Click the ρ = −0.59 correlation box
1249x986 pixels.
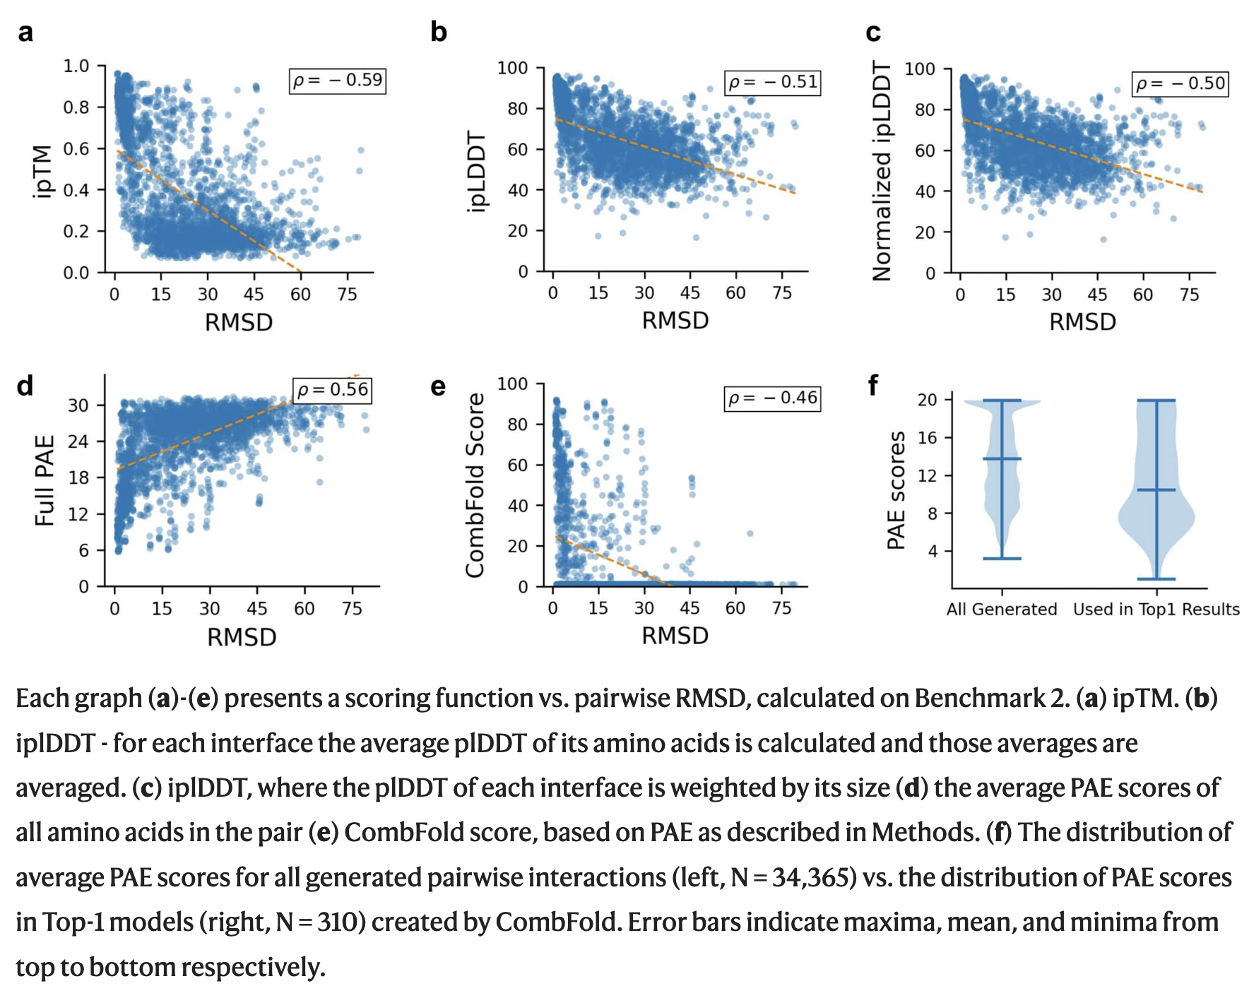click(338, 81)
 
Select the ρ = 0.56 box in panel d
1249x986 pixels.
click(333, 390)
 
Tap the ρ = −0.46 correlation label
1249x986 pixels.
click(772, 398)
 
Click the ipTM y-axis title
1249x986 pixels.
click(43, 171)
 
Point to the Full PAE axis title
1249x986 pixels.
click(45, 480)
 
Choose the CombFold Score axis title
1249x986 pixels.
click(475, 485)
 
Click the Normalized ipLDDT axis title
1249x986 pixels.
click(882, 171)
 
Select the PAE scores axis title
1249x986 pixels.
click(896, 490)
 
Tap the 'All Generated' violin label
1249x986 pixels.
click(1001, 610)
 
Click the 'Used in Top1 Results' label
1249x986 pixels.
click(1156, 610)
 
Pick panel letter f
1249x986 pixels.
click(873, 386)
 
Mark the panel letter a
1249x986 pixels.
click(25, 32)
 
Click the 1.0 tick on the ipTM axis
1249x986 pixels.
click(76, 66)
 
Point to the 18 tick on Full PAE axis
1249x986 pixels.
click(78, 477)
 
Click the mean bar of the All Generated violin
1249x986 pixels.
click(1002, 459)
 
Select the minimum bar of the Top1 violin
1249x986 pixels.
click(1156, 579)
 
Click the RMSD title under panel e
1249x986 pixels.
click(675, 636)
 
